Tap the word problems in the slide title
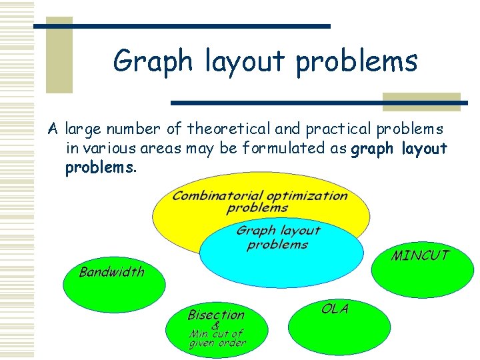tap(357, 61)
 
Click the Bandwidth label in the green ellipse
tap(111, 271)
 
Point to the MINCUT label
tap(420, 255)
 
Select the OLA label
tap(335, 309)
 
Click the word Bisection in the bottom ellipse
tap(216, 315)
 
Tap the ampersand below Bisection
tap(215, 325)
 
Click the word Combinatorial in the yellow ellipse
tap(217, 196)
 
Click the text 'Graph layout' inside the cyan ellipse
tap(278, 231)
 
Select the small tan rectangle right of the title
tap(421, 101)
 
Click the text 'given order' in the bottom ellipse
tap(217, 343)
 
